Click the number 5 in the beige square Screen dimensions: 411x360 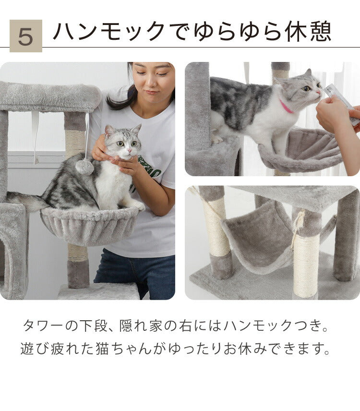pos(25,36)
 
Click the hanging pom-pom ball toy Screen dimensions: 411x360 pos(84,167)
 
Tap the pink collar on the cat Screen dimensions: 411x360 pos(286,107)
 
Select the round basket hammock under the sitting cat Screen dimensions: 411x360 pos(90,225)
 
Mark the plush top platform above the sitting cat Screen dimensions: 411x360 pos(48,96)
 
